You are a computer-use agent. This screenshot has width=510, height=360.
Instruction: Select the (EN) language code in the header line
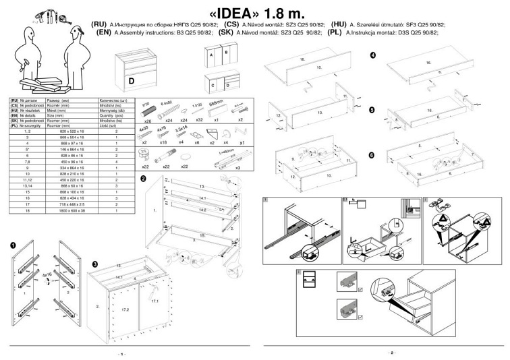pyautogui.click(x=104, y=32)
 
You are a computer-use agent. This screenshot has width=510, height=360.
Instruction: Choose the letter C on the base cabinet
pyautogui.click(x=213, y=86)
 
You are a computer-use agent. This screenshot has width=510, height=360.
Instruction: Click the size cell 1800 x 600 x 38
pyautogui.click(x=57, y=210)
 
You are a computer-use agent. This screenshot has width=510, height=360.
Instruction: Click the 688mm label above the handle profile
pyautogui.click(x=215, y=104)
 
